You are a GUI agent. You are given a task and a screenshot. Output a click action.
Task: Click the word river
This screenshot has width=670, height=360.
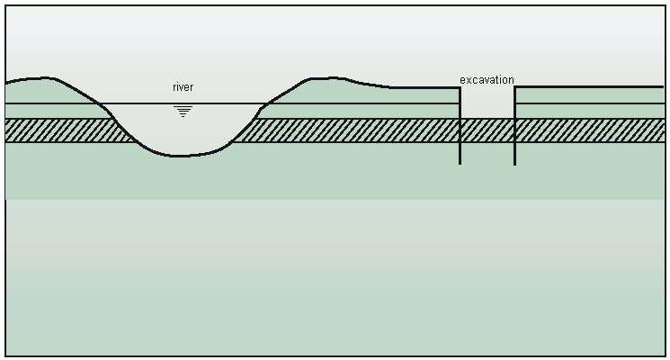[183, 87]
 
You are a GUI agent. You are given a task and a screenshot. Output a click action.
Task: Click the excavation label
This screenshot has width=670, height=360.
[487, 80]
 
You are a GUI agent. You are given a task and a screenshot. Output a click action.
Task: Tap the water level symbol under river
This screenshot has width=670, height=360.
[183, 112]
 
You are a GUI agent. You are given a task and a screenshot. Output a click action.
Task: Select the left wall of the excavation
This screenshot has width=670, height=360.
[460, 126]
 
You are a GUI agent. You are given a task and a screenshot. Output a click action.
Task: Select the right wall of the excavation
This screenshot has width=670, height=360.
[515, 126]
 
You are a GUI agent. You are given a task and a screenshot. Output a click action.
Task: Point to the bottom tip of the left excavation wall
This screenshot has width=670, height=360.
[460, 164]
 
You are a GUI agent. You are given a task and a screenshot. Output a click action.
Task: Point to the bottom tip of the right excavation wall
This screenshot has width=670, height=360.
[515, 165]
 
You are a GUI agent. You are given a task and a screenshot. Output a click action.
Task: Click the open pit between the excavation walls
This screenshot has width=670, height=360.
[487, 103]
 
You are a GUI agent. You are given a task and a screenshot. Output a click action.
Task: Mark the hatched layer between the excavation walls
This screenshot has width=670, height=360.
[487, 130]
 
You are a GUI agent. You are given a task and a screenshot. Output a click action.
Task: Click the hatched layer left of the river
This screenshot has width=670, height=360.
[64, 130]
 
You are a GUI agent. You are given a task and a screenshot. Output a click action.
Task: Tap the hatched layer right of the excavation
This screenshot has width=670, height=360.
[591, 130]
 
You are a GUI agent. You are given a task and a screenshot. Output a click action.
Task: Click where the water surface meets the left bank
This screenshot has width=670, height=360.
[99, 103]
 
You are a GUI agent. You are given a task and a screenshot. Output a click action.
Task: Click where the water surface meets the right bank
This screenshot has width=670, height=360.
[267, 103]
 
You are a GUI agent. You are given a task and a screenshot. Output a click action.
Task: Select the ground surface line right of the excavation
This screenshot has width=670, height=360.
[590, 86]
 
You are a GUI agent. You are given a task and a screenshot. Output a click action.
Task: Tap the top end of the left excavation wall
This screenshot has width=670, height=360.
[460, 87]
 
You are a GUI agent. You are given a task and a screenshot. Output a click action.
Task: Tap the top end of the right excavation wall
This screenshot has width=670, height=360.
[515, 87]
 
